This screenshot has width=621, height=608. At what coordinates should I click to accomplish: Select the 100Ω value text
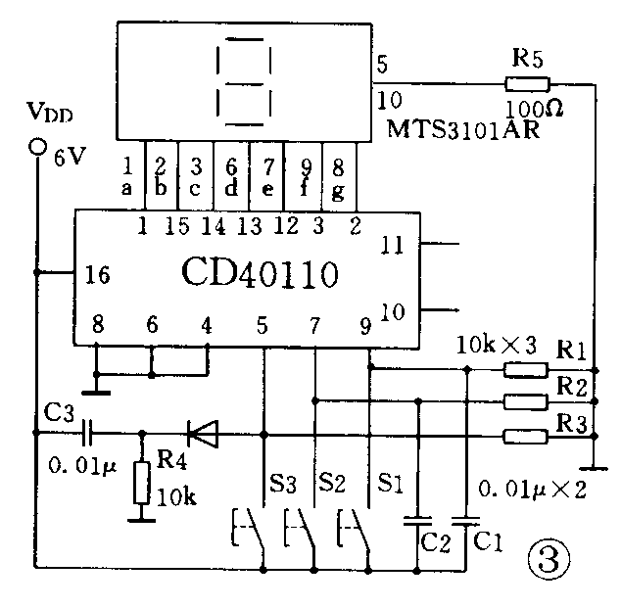click(533, 105)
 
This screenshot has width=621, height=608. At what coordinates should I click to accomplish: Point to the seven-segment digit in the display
click(239, 83)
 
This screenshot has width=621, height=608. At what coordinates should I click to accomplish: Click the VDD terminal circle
click(38, 147)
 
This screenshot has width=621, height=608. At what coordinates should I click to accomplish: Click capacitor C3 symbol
click(87, 431)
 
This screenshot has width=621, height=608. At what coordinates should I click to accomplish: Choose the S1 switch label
click(390, 483)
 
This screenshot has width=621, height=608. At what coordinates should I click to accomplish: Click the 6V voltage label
click(71, 154)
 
